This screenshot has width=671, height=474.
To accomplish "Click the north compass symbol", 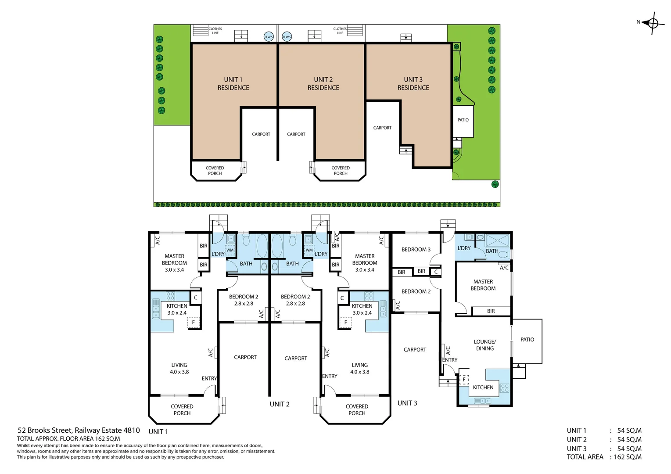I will click(653, 23).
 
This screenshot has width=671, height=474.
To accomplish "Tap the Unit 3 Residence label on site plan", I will click(413, 83).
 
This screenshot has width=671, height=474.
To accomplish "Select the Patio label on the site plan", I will click(463, 120).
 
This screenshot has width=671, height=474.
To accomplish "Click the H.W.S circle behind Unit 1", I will click(269, 37).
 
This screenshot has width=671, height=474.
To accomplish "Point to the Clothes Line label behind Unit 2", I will click(340, 31).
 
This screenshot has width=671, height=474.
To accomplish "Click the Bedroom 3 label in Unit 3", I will click(416, 249).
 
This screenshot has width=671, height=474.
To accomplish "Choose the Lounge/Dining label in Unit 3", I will click(484, 345).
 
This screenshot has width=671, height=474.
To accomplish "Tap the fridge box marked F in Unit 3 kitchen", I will click(464, 380).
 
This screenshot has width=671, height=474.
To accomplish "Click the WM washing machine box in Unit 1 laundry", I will click(230, 250).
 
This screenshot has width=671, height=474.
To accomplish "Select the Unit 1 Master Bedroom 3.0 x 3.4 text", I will click(174, 263).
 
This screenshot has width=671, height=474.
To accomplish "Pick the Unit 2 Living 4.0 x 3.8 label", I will click(359, 368).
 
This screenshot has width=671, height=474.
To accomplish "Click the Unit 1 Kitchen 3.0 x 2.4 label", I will click(177, 309).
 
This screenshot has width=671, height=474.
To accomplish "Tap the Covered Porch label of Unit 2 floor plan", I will click(357, 409).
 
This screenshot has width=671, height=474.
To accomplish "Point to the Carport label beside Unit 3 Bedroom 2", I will click(415, 350).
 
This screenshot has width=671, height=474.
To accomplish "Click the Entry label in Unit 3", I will click(450, 360).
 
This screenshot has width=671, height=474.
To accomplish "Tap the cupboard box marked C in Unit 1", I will click(196, 298).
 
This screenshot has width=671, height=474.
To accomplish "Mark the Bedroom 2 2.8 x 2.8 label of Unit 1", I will click(244, 300).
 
